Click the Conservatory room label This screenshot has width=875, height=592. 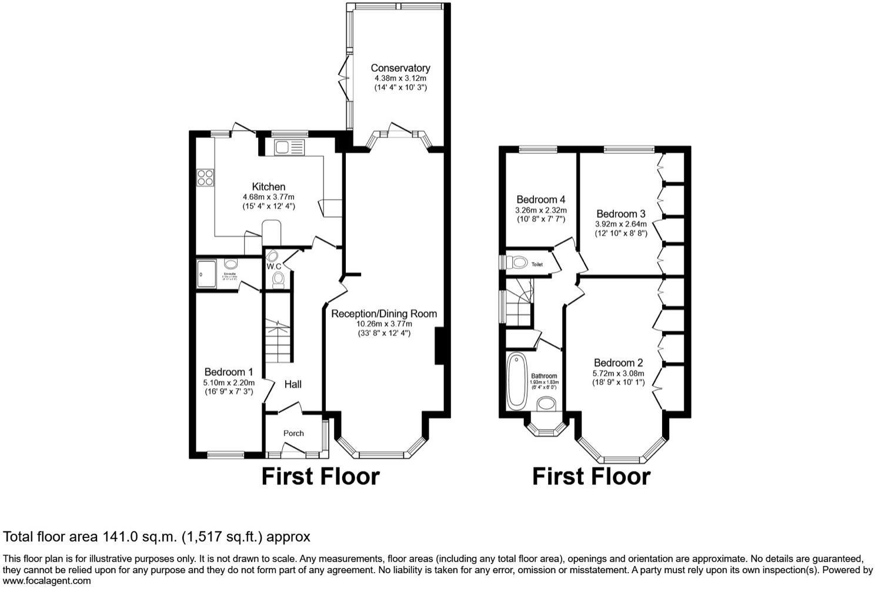[400, 68]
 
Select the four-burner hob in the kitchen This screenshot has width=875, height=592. [205, 177]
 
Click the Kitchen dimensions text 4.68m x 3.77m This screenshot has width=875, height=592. [268, 197]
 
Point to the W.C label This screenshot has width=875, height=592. [274, 266]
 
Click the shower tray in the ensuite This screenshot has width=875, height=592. [206, 274]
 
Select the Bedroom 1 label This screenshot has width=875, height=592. [229, 372]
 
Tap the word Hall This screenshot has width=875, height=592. [293, 384]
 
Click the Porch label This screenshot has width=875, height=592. [293, 433]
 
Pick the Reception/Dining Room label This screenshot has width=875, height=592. [384, 314]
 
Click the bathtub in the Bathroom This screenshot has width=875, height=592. [517, 380]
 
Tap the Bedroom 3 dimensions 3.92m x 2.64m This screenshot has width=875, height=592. [621, 224]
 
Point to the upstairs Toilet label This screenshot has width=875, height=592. [537, 265]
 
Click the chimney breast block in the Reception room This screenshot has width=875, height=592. [438, 347]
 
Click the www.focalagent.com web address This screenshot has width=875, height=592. [47, 581]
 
